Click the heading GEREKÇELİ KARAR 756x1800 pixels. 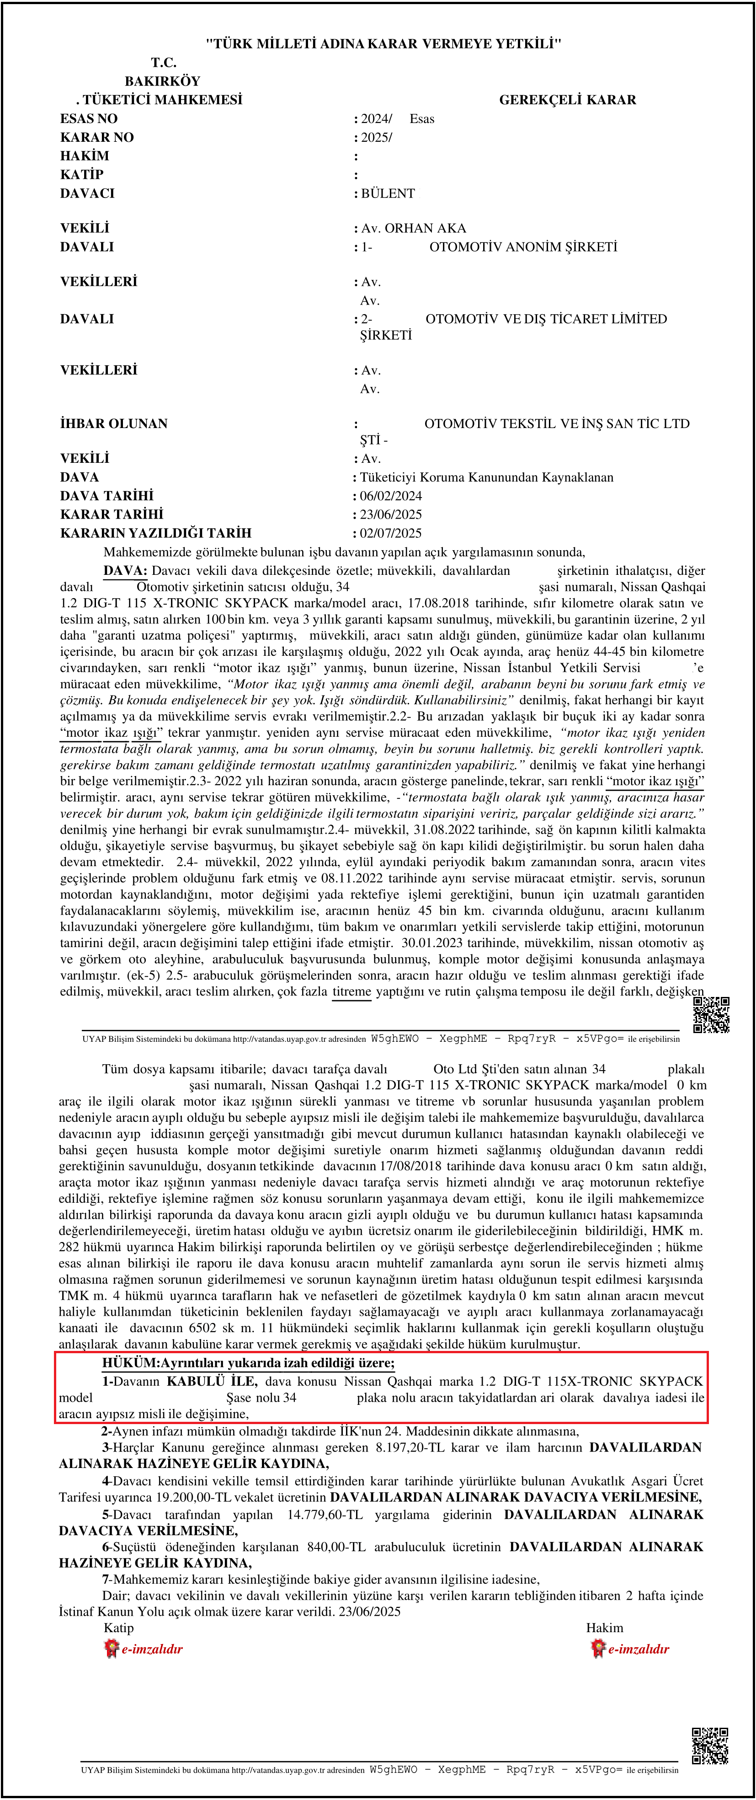[x=567, y=100]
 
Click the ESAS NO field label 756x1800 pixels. [x=89, y=119]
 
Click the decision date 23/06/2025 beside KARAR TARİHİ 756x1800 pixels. [x=391, y=515]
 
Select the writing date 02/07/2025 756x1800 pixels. [x=391, y=533]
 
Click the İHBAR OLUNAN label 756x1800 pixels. [x=114, y=424]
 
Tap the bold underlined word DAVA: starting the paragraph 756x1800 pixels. [x=125, y=571]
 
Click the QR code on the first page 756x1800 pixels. [x=711, y=1015]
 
